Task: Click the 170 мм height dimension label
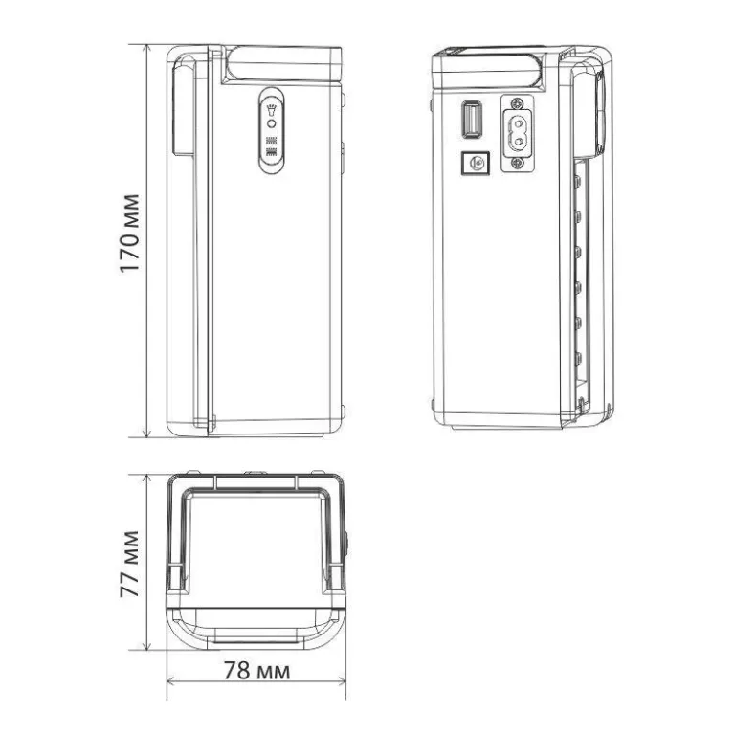(x=129, y=234)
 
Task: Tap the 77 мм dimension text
(x=129, y=564)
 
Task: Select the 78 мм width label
(x=256, y=670)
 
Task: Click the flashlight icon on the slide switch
(x=271, y=110)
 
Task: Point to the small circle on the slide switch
(x=271, y=124)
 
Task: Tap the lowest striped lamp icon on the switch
(x=271, y=151)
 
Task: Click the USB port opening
(x=472, y=120)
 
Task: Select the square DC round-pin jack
(x=475, y=164)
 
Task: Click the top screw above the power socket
(x=517, y=101)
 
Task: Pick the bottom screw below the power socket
(x=517, y=163)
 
